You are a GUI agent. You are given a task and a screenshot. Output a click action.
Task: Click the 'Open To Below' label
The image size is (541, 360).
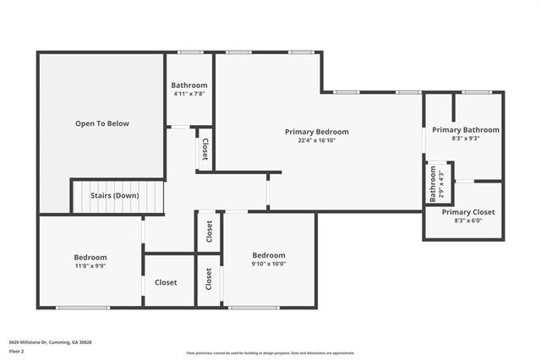point(101,123)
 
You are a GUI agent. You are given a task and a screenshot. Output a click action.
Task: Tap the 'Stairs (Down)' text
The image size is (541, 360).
point(114,196)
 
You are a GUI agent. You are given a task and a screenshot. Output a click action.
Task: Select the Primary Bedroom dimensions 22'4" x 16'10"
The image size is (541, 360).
point(316,142)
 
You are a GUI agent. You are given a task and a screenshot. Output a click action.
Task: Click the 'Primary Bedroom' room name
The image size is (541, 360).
point(316,132)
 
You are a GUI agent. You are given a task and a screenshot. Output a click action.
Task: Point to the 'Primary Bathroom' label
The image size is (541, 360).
point(465,130)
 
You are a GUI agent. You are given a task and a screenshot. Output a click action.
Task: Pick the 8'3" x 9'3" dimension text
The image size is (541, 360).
point(465,139)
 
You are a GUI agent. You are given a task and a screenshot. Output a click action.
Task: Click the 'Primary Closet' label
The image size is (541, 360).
point(467,212)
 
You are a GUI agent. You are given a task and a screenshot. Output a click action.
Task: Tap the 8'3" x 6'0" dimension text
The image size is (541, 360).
point(467,221)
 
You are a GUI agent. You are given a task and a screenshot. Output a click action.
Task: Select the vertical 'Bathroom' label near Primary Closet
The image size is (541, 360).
point(433,183)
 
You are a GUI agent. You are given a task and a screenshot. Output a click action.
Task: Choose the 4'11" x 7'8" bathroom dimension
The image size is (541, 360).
point(189,94)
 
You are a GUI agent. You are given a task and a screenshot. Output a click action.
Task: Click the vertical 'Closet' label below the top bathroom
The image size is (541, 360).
point(205,150)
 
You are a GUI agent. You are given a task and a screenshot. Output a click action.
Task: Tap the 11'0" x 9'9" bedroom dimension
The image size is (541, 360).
point(90,266)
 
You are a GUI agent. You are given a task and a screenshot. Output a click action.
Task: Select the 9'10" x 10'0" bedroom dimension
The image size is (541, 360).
point(268,264)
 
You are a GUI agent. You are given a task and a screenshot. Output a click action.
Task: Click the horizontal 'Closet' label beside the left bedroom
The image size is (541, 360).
point(166,282)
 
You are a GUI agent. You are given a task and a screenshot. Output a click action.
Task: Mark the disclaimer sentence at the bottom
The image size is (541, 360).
point(270,352)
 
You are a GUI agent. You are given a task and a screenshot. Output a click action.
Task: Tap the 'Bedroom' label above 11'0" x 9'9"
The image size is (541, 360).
point(90,257)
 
